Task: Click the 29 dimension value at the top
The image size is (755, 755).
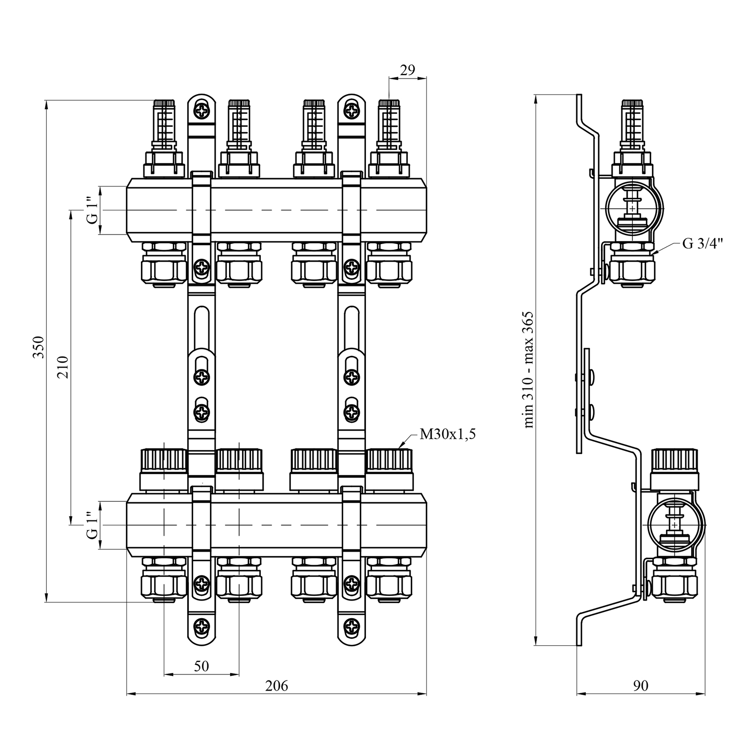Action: (x=407, y=70)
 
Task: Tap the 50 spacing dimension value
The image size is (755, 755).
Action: (x=201, y=666)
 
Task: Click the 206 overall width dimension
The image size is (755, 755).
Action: (x=276, y=686)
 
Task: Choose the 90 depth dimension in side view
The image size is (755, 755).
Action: (x=641, y=685)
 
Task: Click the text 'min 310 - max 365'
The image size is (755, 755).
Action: (x=528, y=369)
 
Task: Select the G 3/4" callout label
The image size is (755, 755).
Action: (x=703, y=244)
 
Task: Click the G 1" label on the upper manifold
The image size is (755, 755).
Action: (x=92, y=210)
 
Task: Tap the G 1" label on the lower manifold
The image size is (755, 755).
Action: (x=92, y=525)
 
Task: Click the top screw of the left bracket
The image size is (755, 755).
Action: (x=202, y=110)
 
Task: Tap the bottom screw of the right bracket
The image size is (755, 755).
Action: (x=352, y=627)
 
